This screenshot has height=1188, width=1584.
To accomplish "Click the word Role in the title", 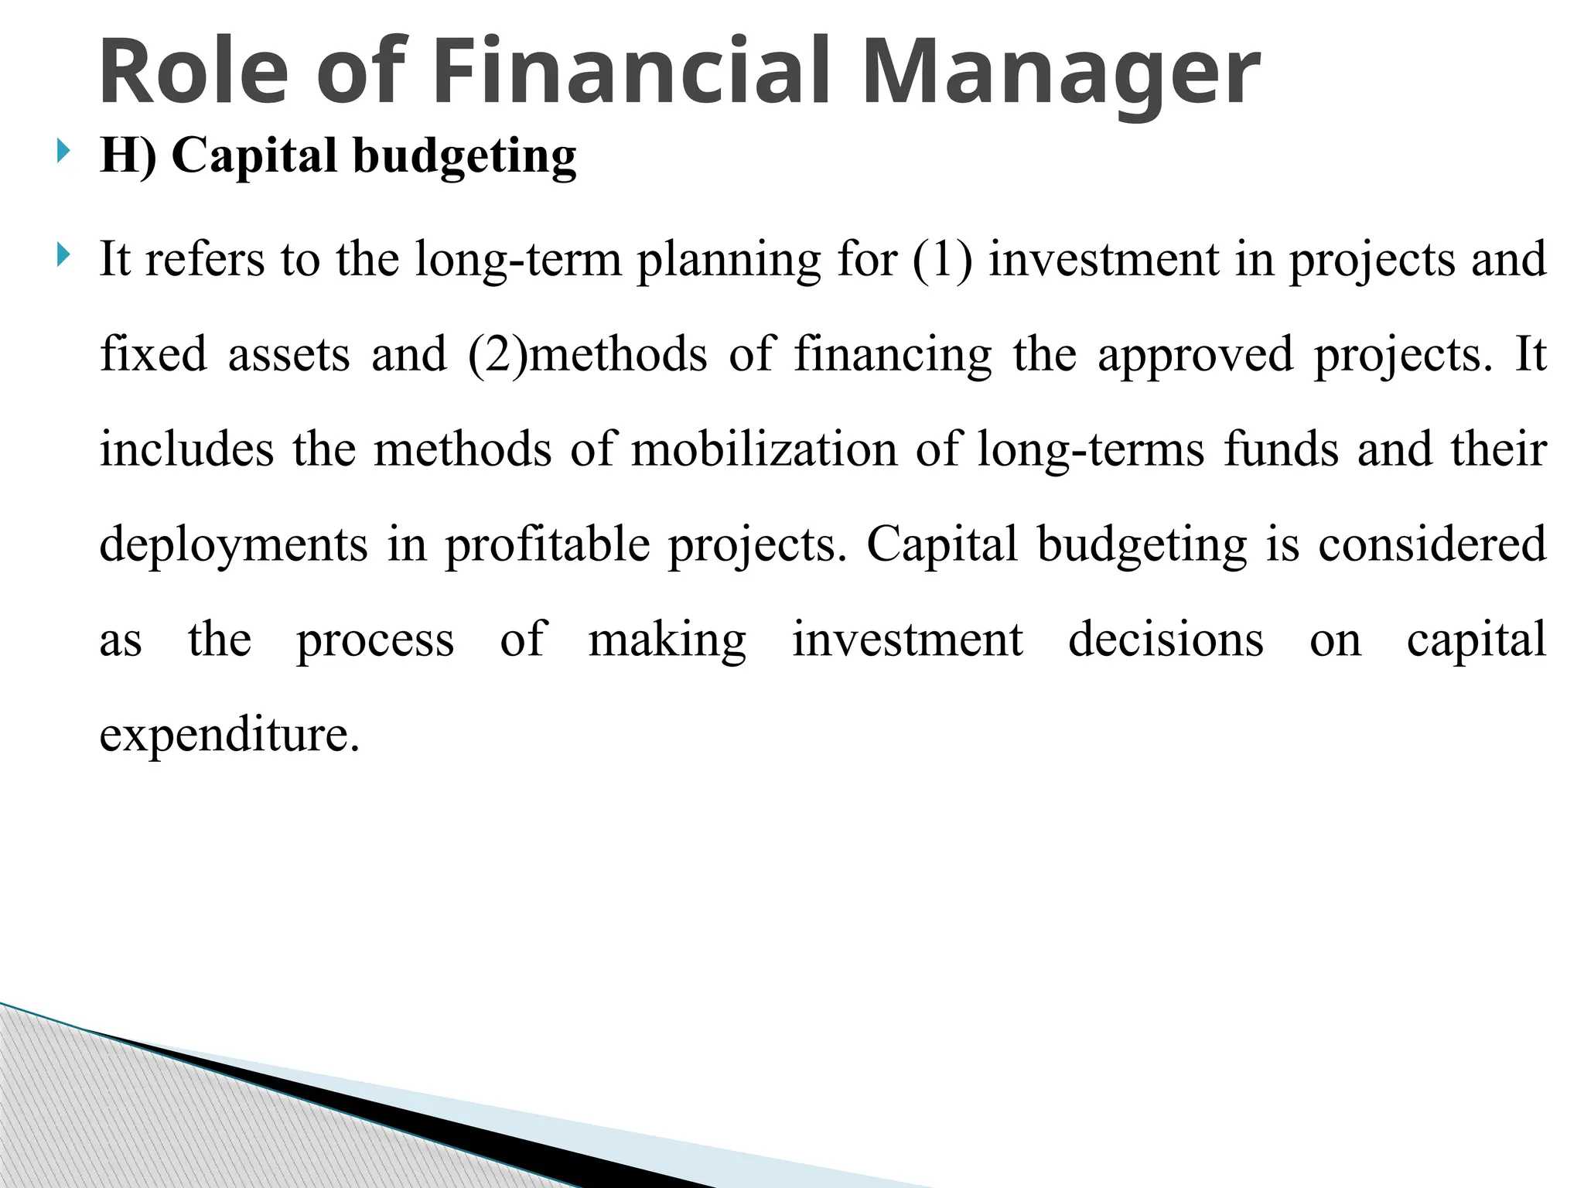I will (x=193, y=72).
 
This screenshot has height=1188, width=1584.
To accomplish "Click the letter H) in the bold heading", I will (x=128, y=155).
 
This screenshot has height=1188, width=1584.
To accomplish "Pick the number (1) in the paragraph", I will (x=941, y=259).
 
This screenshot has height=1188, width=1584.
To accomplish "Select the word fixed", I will (x=153, y=354).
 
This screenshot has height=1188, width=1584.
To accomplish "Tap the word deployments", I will (x=234, y=546).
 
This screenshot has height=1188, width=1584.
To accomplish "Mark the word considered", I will (x=1432, y=544).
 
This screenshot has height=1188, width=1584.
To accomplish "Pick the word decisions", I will (x=1166, y=640).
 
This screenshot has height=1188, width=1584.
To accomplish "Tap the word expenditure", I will (x=230, y=736).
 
